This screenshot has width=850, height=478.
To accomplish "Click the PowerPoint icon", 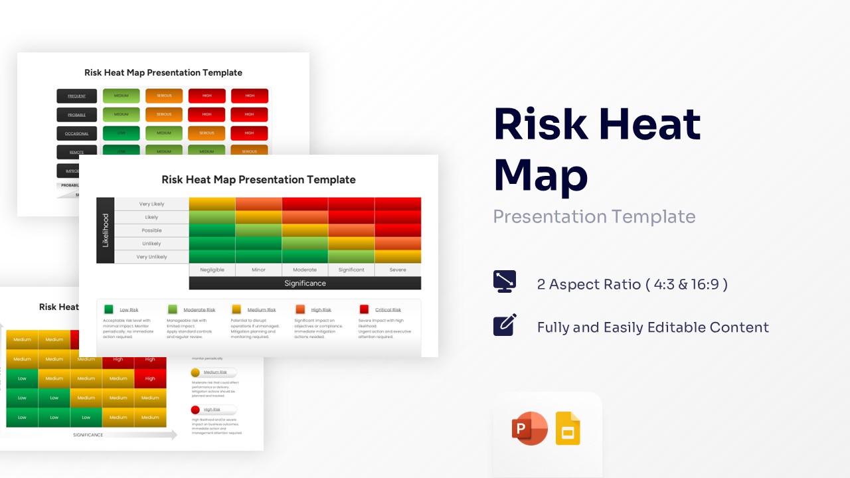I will click(x=529, y=428).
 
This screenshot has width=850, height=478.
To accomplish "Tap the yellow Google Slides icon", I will click(x=568, y=429).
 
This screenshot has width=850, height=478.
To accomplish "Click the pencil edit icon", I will click(x=505, y=325).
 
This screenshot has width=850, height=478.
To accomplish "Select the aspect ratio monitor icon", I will click(x=505, y=281).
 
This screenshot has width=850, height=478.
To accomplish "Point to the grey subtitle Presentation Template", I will click(x=594, y=216).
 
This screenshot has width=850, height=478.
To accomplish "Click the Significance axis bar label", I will click(x=305, y=283).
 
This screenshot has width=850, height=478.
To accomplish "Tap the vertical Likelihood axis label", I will click(x=106, y=230).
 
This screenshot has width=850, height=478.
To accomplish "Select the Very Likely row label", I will click(x=151, y=204).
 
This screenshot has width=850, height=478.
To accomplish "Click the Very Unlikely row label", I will click(x=151, y=257).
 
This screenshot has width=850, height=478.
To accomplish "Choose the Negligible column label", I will click(x=212, y=270).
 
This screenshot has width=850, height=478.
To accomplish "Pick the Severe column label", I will click(x=398, y=270).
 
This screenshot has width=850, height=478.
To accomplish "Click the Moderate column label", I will click(x=305, y=270).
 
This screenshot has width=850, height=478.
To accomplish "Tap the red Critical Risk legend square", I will click(x=364, y=309).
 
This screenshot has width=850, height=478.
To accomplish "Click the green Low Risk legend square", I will click(x=109, y=309).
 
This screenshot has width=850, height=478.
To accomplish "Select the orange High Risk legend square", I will click(x=300, y=309).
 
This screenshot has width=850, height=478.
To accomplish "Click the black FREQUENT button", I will click(x=76, y=96).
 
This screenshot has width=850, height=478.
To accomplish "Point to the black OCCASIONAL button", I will click(x=76, y=133).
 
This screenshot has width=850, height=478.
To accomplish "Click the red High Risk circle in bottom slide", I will click(x=195, y=410).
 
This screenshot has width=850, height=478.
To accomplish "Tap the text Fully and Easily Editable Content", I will click(x=653, y=327).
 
